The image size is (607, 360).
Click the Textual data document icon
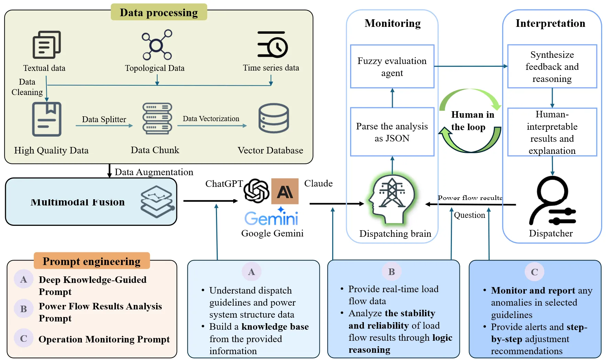[x=46, y=45]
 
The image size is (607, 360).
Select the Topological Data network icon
[x=157, y=45]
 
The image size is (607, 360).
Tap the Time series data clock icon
[x=273, y=45]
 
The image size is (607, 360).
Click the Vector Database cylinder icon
[x=274, y=118]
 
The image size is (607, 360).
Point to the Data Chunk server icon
[x=157, y=118]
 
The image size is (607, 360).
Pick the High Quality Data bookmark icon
[x=47, y=119]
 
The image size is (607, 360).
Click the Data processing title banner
[x=159, y=12]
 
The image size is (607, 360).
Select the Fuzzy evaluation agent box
[x=392, y=66]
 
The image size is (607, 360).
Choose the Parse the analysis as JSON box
[x=392, y=132]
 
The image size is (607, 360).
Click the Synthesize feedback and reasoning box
[x=552, y=66]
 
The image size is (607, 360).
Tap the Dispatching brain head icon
[x=392, y=200]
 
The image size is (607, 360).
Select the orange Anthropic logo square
[x=285, y=191]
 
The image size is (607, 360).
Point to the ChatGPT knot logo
[x=256, y=191]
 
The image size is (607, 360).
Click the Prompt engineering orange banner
[x=91, y=261]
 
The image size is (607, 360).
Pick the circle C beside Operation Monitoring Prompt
[x=23, y=338]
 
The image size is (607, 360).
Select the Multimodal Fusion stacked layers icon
[x=157, y=202]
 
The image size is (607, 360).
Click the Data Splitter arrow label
[x=104, y=119]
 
